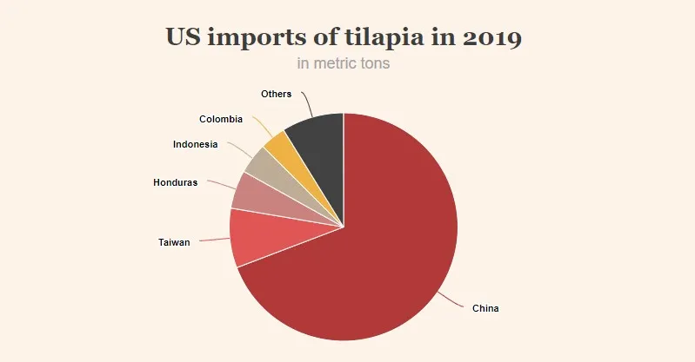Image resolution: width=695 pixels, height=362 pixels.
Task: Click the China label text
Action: point(485,308)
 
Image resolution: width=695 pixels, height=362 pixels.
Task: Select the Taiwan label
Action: point(174,242)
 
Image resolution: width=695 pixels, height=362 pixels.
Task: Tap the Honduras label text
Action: point(176,182)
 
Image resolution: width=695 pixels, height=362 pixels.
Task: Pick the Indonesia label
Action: point(195,144)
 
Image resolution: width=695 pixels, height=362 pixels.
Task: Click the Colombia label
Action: point(221,119)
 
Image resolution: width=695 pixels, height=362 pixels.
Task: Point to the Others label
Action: point(276,94)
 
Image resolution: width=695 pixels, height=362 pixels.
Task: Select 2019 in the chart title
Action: point(493,39)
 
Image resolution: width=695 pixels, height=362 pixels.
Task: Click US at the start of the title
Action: point(184,39)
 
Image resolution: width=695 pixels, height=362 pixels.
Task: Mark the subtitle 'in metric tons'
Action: point(344,64)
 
